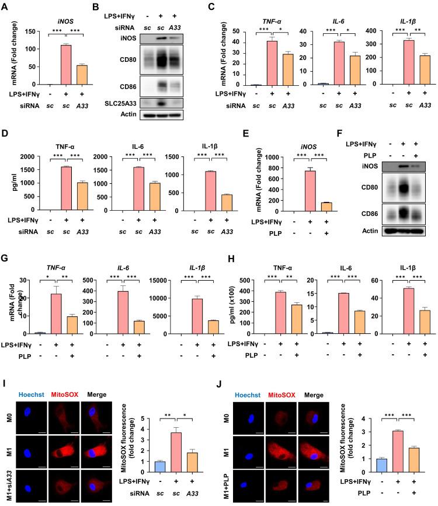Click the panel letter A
(5, 5)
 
